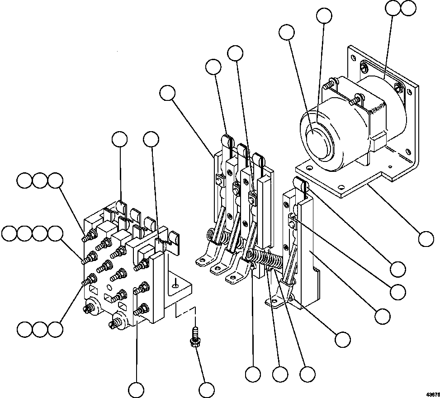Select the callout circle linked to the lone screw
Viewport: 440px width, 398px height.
207,389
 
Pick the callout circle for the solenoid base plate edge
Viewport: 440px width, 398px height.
426,238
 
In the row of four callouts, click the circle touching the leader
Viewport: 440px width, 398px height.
56,234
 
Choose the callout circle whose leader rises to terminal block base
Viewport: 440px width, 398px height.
136,389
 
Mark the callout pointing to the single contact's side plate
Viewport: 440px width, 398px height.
383,315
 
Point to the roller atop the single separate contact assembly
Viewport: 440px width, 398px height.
299,183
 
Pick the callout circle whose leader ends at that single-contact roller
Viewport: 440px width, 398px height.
397,269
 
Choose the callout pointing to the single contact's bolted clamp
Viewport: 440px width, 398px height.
397,292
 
